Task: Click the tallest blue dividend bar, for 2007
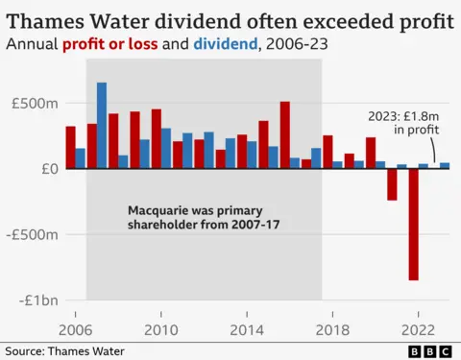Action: click(102, 125)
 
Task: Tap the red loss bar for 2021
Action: click(392, 184)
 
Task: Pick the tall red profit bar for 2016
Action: click(284, 134)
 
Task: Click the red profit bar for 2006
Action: click(70, 147)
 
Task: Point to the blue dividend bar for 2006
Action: click(81, 158)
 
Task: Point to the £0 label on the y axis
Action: click(50, 169)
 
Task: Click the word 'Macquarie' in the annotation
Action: click(159, 208)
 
